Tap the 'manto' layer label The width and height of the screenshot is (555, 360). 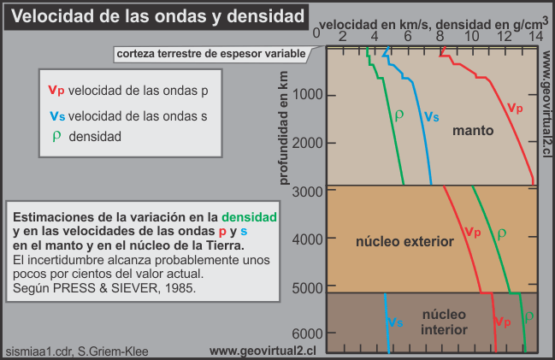[475, 131]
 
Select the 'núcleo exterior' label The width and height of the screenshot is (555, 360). [404, 243]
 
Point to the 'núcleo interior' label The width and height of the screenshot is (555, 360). [445, 322]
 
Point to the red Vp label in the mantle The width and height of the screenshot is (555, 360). [515, 108]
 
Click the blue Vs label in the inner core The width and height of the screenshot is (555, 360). [394, 322]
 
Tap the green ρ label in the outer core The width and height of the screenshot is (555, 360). [502, 232]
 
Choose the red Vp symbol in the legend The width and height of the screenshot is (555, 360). [56, 88]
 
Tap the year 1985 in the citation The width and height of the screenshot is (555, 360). [181, 287]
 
